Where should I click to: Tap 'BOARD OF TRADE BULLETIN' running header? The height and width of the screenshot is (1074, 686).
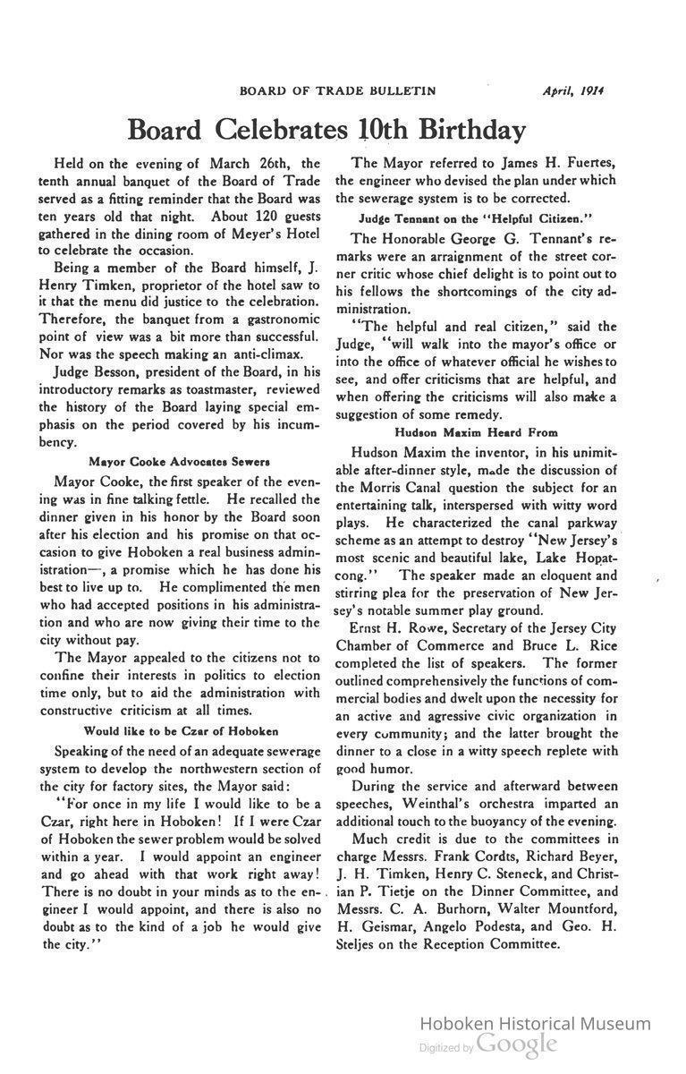(x=338, y=90)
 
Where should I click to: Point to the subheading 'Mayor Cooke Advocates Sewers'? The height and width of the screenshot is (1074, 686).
(x=180, y=462)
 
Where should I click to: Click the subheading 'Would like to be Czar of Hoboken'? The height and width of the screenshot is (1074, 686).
(x=180, y=731)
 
